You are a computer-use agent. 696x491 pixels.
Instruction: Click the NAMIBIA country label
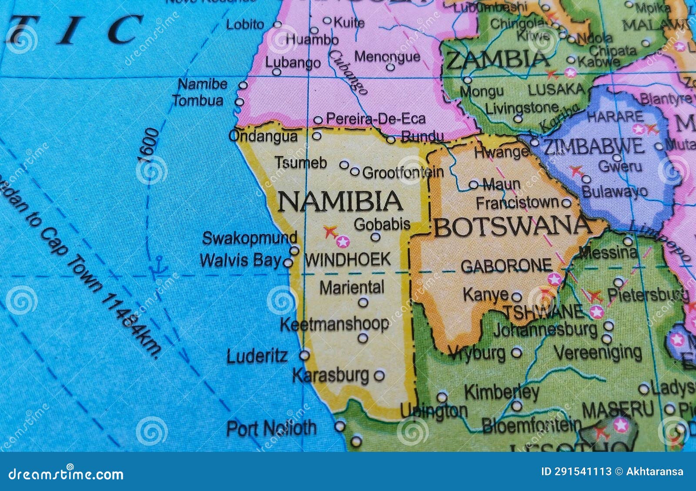pos(340,201)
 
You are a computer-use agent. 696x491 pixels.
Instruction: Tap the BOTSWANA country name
pos(512,227)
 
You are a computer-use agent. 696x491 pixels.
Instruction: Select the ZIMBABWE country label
pos(594,147)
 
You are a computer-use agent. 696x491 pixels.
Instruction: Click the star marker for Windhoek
pos(343,242)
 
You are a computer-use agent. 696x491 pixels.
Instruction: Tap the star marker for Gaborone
pos(555,279)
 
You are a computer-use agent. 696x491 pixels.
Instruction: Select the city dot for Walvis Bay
pos(288,263)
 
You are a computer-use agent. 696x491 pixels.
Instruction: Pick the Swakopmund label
pos(250,238)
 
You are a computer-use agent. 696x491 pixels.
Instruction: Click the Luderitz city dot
pos(304,355)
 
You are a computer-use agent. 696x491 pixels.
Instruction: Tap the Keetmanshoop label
pos(334,324)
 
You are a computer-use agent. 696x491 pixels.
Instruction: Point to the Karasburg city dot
pos(379,375)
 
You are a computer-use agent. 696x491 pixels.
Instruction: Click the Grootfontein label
pos(403,173)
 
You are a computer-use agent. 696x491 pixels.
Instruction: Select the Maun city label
pos(502,184)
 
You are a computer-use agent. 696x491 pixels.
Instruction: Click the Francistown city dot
pos(566,203)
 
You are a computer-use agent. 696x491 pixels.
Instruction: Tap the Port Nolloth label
pos(271,428)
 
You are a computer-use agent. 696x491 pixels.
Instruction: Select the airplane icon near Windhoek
pos(330,231)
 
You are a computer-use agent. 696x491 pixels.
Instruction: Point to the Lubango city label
pos(293,63)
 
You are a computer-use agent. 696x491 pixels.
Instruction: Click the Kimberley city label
pos(502,392)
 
